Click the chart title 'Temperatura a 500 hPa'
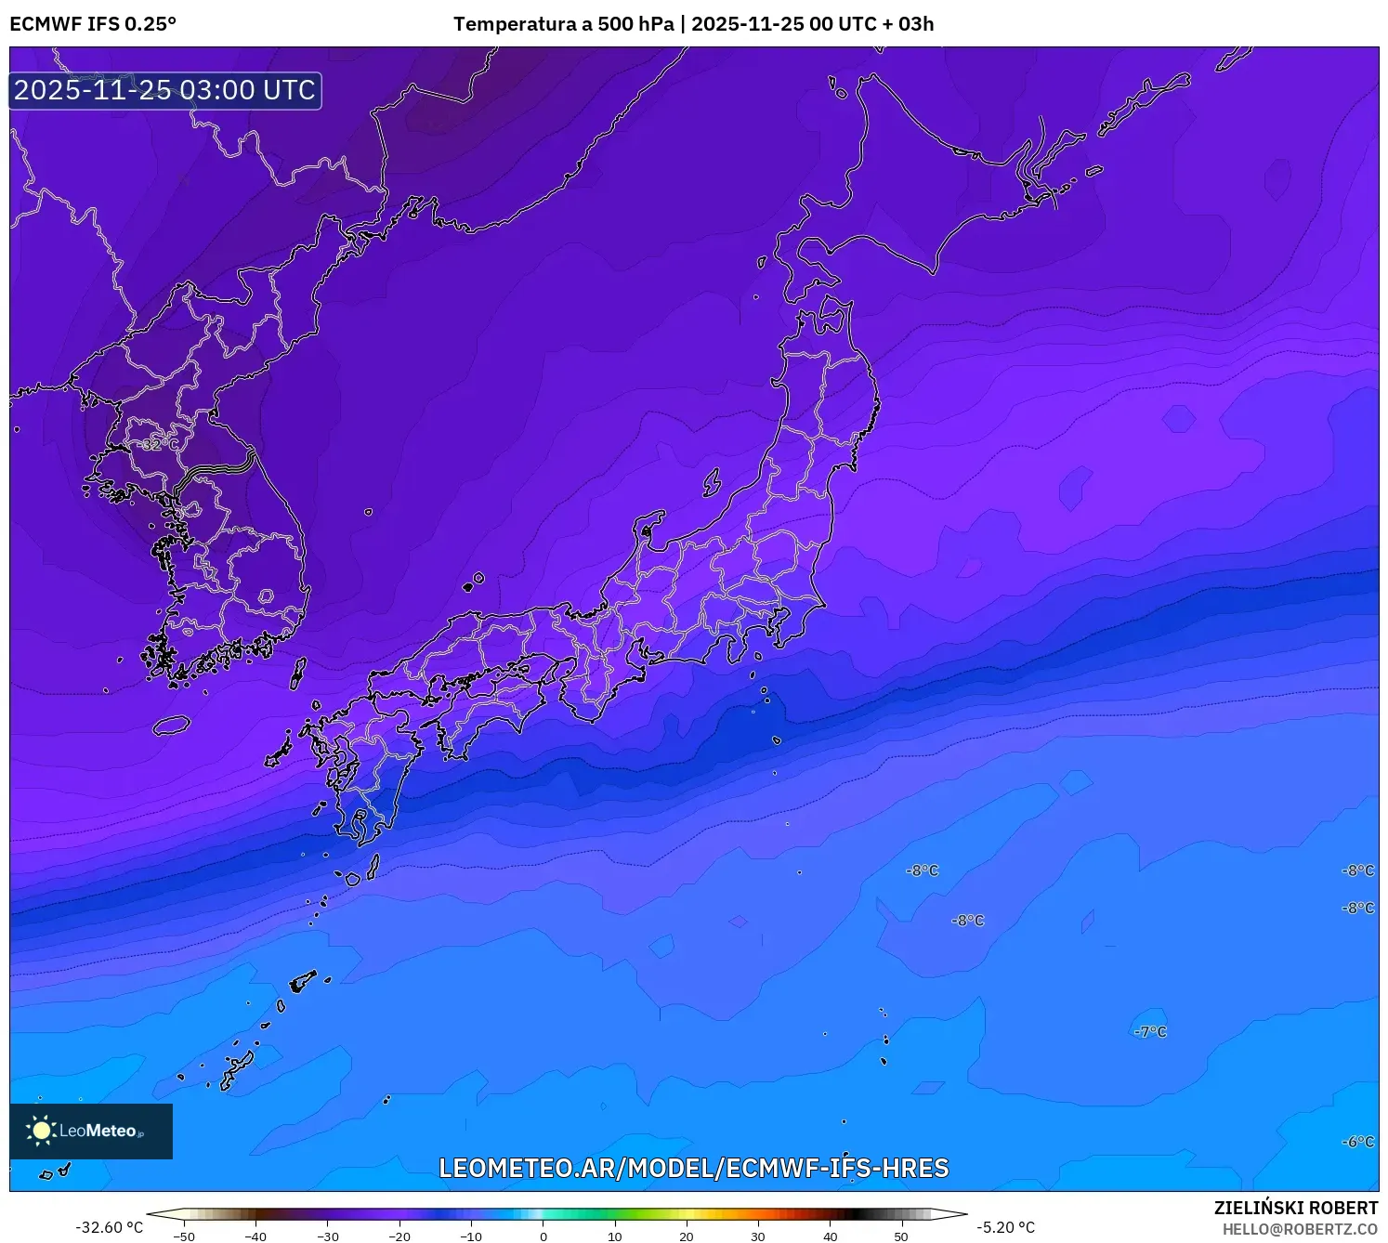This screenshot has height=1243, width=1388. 563,24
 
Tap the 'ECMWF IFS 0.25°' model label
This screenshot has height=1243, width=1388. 93,24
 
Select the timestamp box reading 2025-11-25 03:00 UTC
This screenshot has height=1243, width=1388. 165,91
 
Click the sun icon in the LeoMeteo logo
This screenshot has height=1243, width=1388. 41,1131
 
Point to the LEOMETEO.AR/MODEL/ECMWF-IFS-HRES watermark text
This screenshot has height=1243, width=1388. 693,1168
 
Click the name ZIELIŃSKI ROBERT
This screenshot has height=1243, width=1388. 1295,1208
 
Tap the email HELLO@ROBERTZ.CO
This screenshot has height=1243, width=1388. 1299,1229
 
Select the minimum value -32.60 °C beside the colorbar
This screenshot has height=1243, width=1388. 110,1227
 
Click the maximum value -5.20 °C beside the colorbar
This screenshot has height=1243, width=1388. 1005,1227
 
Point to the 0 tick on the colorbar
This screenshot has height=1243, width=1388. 543,1236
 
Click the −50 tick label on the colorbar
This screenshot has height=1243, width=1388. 184,1236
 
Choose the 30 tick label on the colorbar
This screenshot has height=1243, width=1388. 758,1236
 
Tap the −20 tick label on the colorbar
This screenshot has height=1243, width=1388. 399,1236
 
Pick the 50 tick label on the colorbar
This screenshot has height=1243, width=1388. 901,1236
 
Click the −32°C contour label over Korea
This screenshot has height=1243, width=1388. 159,444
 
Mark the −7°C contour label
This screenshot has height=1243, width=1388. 1150,1032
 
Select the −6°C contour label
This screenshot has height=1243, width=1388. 1357,1142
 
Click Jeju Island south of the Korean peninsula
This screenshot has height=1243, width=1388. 172,725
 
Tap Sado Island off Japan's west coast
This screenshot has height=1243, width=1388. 712,482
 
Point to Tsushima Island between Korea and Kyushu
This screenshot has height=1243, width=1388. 298,673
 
